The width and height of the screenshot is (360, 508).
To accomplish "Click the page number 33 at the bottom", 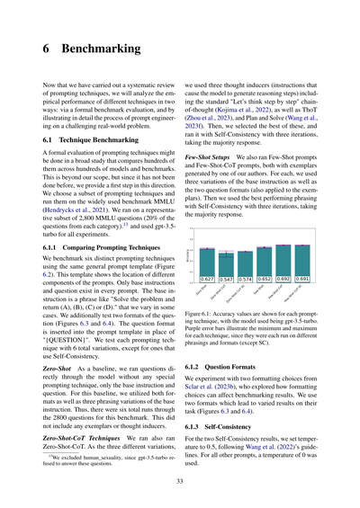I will coord(180,480).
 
